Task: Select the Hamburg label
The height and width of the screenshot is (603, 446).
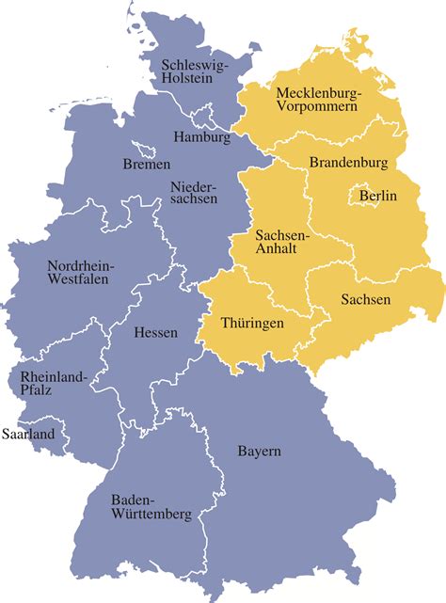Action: click(x=202, y=137)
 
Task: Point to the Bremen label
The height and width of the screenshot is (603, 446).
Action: click(x=147, y=165)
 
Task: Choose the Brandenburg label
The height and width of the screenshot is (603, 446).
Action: click(x=348, y=163)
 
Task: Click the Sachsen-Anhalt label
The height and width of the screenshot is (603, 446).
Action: click(x=280, y=241)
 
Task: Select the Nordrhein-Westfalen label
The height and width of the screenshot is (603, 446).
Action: click(x=80, y=272)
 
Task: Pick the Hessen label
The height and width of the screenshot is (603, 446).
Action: click(x=155, y=332)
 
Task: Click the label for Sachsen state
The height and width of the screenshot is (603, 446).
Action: click(x=364, y=299)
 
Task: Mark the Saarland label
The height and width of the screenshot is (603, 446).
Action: click(x=28, y=435)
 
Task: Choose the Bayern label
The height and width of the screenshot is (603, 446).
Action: click(x=259, y=452)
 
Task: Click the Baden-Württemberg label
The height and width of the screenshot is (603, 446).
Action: click(x=151, y=507)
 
